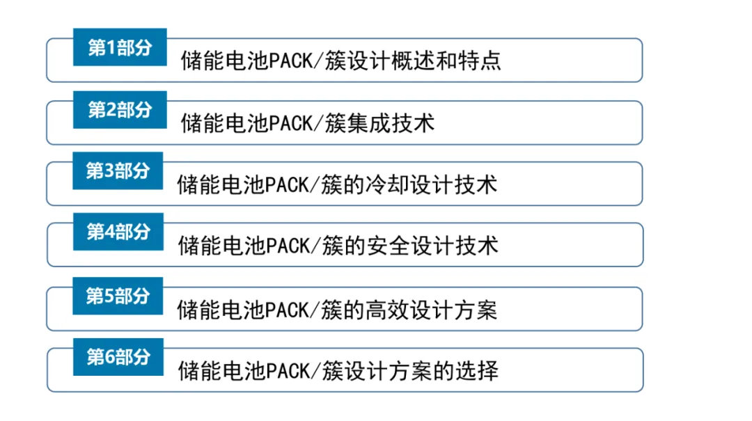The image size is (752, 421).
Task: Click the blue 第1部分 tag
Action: coord(119,47)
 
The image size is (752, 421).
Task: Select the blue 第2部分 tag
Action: coord(119,109)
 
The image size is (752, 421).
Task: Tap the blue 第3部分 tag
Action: coord(118,171)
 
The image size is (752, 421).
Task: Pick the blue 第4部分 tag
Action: coord(118,232)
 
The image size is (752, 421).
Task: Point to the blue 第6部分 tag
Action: coord(118,357)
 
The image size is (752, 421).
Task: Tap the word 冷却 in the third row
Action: coord(393,184)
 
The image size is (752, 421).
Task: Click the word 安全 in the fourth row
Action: coord(394,246)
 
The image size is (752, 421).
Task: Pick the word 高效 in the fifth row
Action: coord(393,309)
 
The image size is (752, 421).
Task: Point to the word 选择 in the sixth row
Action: coord(480,370)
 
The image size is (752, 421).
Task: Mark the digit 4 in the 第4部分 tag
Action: coord(109,232)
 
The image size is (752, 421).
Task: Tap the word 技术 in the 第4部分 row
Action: coord(480,246)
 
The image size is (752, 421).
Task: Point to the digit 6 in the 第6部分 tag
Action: coord(109,357)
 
